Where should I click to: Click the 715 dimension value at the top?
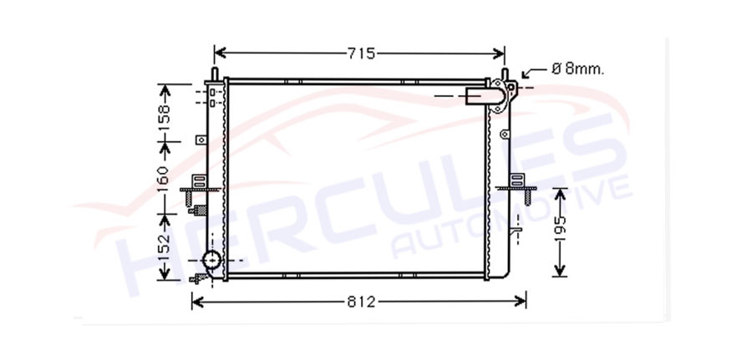362,53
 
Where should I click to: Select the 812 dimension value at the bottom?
361,302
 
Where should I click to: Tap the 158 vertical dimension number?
165,117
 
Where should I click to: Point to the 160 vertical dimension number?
164,179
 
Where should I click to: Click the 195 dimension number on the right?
560,228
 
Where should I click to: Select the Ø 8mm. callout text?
578,69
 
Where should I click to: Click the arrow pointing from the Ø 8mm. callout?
534,73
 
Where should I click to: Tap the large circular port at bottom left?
211,261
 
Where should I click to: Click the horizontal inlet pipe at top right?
480,96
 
